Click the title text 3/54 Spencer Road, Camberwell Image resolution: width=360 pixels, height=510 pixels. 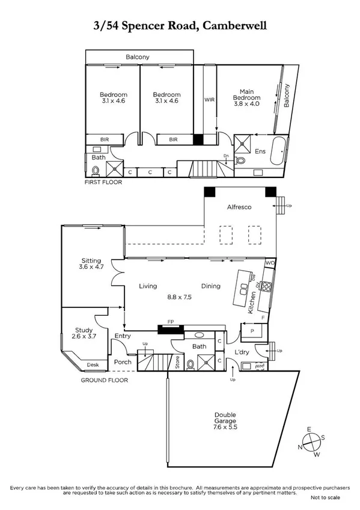pos(180,26)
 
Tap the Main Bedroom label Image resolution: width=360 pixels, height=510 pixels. pos(247,94)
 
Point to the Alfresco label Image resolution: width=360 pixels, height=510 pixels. pos(240,207)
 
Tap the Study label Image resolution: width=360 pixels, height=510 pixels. pos(85,330)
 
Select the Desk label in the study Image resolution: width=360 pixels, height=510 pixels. pos(93,364)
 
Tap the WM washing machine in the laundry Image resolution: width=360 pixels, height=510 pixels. pos(260,365)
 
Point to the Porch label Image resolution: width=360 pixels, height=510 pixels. pos(123,361)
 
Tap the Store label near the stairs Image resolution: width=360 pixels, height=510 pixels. pos(177,363)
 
